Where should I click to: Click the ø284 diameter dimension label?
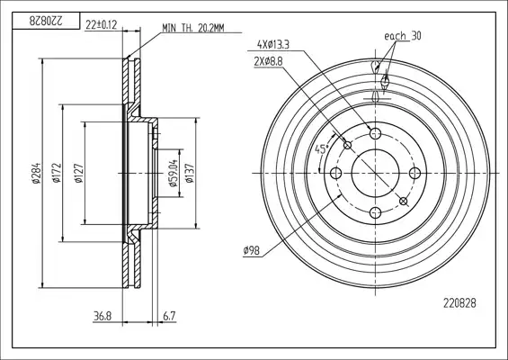36,173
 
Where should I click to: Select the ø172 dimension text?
57,173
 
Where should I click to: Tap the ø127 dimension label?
79,174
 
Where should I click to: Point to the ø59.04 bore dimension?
174,173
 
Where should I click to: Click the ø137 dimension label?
190,173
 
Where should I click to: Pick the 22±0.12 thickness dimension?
101,25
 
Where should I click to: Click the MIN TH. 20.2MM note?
193,28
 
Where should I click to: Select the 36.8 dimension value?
102,316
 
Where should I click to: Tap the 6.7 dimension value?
169,316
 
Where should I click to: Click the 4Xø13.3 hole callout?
272,45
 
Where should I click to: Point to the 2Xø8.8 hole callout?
269,61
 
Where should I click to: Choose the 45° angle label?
322,149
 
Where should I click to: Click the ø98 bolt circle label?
252,250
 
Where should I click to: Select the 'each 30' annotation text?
403,36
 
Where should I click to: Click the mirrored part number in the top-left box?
46,22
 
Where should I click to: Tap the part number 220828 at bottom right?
459,303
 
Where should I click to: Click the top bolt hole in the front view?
375,133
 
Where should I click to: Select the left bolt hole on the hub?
335,173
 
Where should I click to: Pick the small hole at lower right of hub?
404,202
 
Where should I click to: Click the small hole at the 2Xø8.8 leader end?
347,145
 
